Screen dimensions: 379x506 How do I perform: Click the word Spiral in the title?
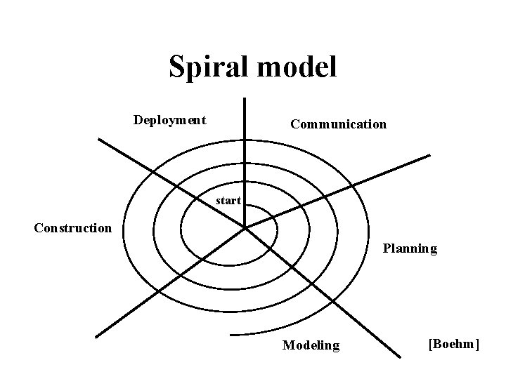click(212, 67)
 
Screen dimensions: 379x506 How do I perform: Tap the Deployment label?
click(170, 120)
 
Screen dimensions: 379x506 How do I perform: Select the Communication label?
click(338, 124)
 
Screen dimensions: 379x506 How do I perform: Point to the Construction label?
click(73, 227)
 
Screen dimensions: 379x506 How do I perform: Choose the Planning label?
click(410, 248)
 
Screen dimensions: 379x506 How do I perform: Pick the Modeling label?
click(311, 345)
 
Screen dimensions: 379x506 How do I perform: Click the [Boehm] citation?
click(453, 343)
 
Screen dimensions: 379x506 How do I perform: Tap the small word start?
click(228, 201)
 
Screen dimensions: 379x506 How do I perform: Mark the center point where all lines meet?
click(245, 227)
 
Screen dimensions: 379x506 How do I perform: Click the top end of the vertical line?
click(245, 99)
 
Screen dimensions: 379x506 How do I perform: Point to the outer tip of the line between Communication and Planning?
click(429, 156)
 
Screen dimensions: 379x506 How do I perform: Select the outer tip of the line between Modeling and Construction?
click(96, 336)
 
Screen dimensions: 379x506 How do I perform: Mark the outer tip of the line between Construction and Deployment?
click(98, 139)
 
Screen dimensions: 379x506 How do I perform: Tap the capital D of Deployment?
click(138, 120)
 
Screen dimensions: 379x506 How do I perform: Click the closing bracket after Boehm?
click(476, 343)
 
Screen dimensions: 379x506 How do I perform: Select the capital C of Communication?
click(294, 124)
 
